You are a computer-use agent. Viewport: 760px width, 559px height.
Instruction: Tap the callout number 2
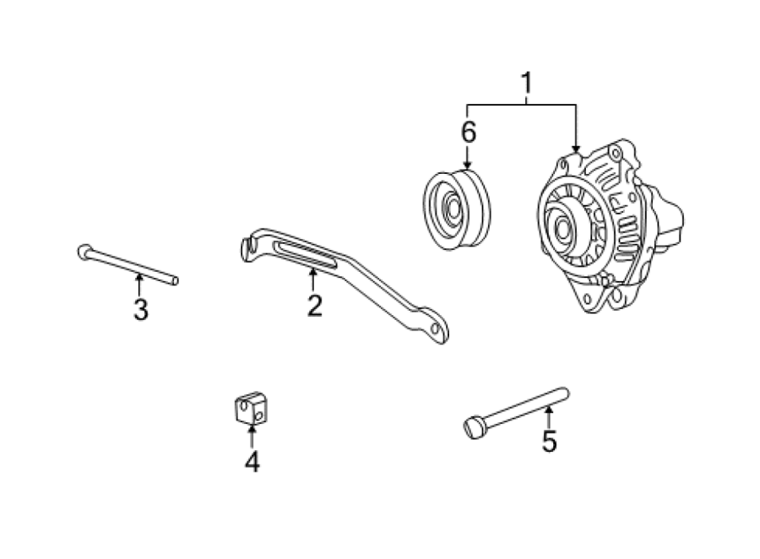click(315, 306)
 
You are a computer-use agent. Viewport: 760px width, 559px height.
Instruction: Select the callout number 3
click(140, 310)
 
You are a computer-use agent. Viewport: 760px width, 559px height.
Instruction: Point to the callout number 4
click(252, 462)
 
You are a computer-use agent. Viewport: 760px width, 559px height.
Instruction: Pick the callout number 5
click(549, 441)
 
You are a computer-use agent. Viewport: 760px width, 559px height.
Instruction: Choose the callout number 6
click(468, 132)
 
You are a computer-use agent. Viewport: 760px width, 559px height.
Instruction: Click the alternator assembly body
click(610, 226)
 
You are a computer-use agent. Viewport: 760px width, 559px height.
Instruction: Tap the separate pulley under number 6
click(456, 209)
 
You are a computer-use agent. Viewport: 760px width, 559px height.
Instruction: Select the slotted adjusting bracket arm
click(345, 284)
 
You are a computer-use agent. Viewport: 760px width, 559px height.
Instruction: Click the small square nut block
click(251, 408)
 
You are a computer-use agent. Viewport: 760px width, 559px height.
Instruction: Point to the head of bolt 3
click(84, 252)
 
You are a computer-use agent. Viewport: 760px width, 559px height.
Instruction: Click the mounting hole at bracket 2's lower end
click(435, 328)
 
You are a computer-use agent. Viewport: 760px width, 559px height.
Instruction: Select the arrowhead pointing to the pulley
click(467, 166)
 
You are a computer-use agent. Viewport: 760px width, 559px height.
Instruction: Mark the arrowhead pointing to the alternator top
click(576, 149)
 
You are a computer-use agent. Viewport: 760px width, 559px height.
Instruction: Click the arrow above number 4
click(252, 436)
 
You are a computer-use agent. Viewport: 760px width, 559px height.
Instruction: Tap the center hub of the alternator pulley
click(562, 228)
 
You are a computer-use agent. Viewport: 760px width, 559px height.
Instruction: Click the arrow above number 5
click(549, 417)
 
